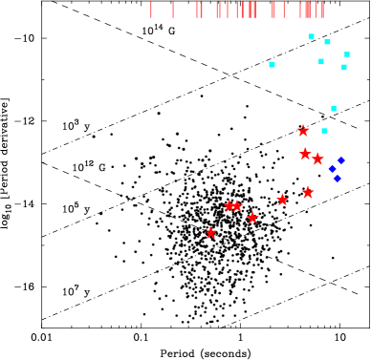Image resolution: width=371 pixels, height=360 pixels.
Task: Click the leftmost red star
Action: coord(211,233)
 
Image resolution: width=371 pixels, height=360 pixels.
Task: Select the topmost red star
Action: coord(303,131)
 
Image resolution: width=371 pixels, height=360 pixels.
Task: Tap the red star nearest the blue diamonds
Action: coord(317,159)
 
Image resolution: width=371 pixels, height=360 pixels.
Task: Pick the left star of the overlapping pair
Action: coord(229,205)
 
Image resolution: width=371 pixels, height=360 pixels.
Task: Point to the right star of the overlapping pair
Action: coord(237,205)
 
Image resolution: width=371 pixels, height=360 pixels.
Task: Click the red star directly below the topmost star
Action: coord(305,154)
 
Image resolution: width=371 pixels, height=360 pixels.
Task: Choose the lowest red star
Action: coord(211,233)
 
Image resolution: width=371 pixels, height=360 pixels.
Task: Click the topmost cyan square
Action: coord(311,36)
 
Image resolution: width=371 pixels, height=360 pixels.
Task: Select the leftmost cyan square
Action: coord(272,65)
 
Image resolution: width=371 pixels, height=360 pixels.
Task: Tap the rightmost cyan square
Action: coord(346,54)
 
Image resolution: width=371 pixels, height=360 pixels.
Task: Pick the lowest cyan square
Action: coord(324,131)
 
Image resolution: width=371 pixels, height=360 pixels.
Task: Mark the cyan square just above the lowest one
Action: coord(334,109)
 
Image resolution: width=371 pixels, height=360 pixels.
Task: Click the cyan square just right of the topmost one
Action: coord(327,42)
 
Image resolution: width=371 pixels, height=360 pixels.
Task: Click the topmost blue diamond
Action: coord(340,160)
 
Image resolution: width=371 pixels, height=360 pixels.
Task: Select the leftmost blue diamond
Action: coord(332,169)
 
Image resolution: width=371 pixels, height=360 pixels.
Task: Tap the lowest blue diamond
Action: coord(337,179)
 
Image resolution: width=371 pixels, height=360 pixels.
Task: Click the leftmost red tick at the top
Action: coord(151,10)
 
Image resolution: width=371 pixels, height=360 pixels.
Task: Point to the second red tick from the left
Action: coord(173,10)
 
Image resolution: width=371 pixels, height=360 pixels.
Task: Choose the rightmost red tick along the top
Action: coord(323,10)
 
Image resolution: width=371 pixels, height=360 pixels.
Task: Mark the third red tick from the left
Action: coord(197,10)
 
